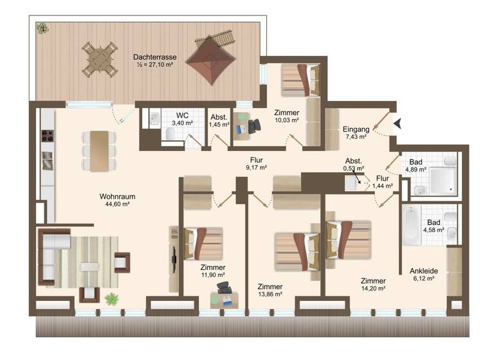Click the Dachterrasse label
pyautogui.click(x=154, y=57)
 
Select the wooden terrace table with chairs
pyautogui.click(x=99, y=58)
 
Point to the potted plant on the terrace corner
pyautogui.click(x=42, y=28)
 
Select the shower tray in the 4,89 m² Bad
pyautogui.click(x=441, y=173)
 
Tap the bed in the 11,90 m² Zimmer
pyautogui.click(x=204, y=244)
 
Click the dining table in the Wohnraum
pyautogui.click(x=99, y=150)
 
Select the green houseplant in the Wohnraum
pyautogui.click(x=113, y=298)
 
